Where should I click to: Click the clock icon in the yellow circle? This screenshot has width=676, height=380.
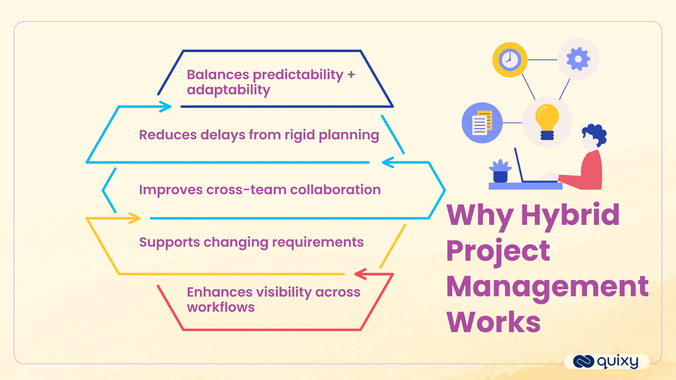pyautogui.click(x=509, y=60)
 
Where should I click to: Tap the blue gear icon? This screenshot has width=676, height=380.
pyautogui.click(x=578, y=59)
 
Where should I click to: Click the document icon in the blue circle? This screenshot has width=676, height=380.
pyautogui.click(x=482, y=123)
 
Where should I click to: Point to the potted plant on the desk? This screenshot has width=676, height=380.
pyautogui.click(x=500, y=171)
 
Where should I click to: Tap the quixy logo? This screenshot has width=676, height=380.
pyautogui.click(x=606, y=361)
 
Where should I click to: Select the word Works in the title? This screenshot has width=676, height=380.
pyautogui.click(x=493, y=322)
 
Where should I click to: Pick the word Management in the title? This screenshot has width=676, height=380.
pyautogui.click(x=547, y=286)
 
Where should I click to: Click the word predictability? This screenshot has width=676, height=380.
pyautogui.click(x=298, y=75)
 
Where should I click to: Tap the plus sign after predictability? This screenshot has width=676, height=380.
pyautogui.click(x=351, y=75)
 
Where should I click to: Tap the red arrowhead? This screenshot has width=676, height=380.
pyautogui.click(x=361, y=274)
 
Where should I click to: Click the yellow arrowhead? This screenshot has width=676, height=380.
pyautogui.click(x=135, y=218)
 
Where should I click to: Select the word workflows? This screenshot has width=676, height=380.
pyautogui.click(x=221, y=307)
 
